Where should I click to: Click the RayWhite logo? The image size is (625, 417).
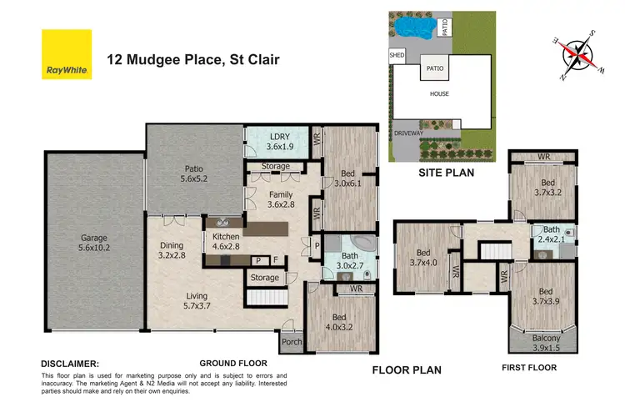[x=67, y=54]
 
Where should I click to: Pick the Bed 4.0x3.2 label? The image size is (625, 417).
[x=340, y=322]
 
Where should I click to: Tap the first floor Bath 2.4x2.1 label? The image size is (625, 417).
[x=552, y=235]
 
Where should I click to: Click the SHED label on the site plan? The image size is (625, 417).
[x=397, y=57]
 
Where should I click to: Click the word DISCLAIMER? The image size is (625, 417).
[x=70, y=364]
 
